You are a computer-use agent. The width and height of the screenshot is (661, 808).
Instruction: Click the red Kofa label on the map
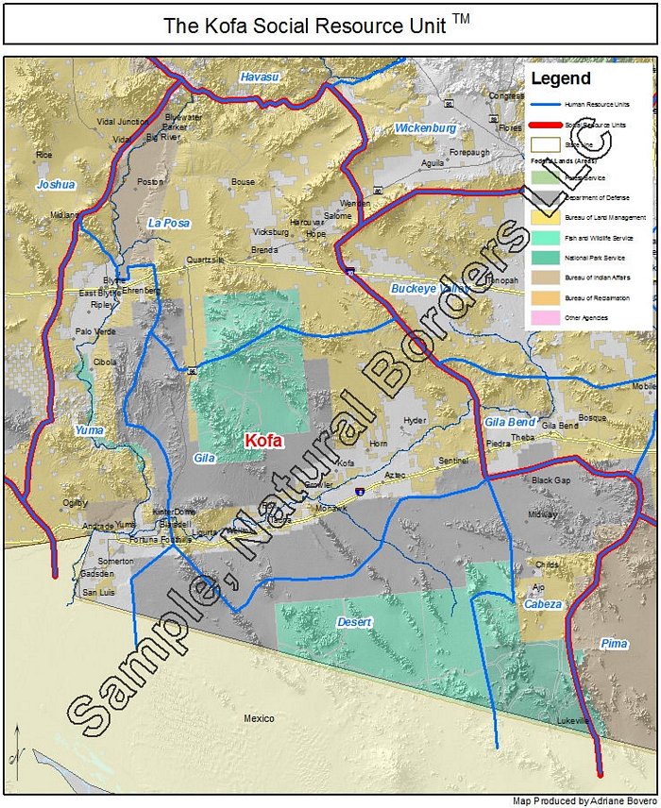[x=263, y=441]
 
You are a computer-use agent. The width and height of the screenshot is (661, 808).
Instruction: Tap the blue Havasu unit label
[x=259, y=76]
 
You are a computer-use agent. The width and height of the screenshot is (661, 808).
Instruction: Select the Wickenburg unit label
[x=425, y=127]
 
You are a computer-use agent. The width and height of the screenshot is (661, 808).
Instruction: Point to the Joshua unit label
[x=55, y=185]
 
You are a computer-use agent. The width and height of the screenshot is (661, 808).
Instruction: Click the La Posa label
[x=168, y=223]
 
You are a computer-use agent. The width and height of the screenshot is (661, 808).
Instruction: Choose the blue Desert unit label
[x=354, y=623]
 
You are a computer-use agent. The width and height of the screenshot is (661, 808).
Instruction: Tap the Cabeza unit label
[x=543, y=604]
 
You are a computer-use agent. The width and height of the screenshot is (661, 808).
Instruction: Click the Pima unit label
[x=613, y=644]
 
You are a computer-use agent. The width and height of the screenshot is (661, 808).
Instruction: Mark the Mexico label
[x=259, y=719]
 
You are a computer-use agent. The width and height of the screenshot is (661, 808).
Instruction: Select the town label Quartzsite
[x=205, y=260]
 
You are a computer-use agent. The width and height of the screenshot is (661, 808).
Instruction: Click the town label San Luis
[x=98, y=592]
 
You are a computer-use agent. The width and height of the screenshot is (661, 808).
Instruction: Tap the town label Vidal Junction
[x=123, y=122]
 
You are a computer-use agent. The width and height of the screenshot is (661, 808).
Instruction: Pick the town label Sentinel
[x=453, y=461]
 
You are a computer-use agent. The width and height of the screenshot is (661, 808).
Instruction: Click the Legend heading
[x=560, y=78]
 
